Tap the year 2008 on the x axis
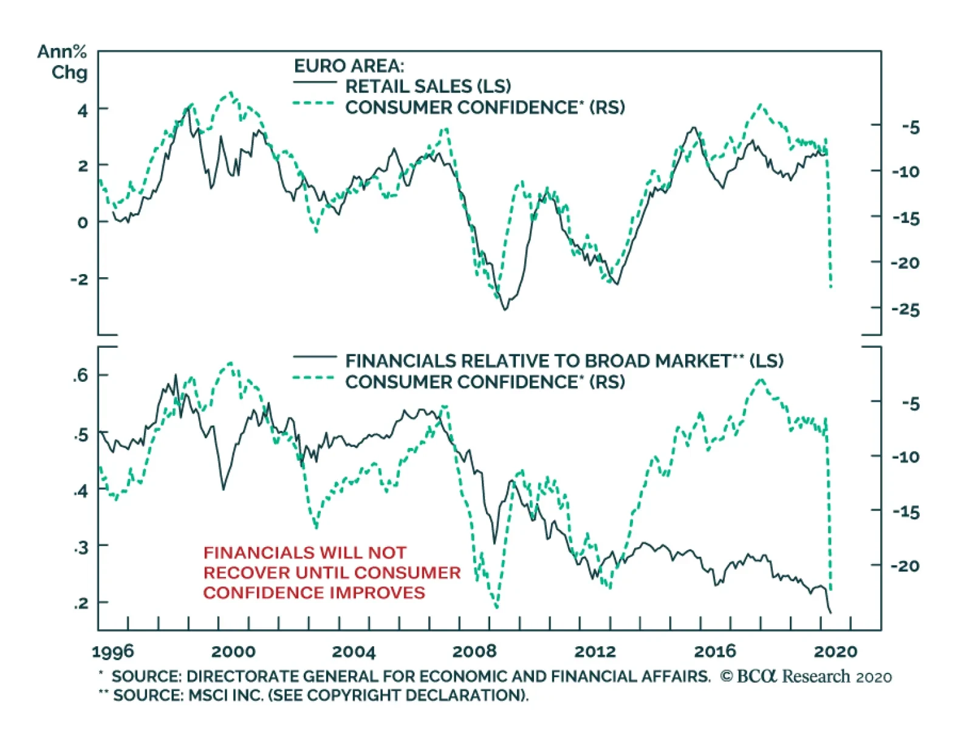(474, 652)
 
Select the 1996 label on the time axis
(112, 652)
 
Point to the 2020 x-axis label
(835, 652)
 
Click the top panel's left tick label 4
(83, 111)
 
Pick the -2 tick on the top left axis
(80, 280)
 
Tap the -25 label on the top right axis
(905, 309)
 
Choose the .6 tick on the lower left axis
(81, 375)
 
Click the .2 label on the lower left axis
(81, 603)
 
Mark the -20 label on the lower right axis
(905, 566)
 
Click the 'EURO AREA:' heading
(349, 66)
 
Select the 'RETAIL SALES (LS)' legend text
(428, 86)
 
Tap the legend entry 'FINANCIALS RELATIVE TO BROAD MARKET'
(538, 361)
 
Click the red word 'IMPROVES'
(388, 593)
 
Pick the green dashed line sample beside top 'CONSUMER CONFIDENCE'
(313, 104)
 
